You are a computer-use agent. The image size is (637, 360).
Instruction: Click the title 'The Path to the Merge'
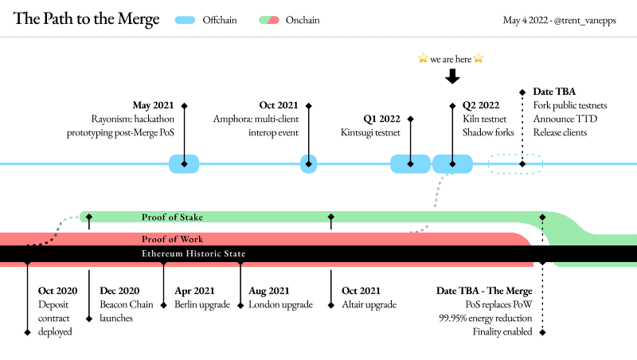pyautogui.click(x=86, y=19)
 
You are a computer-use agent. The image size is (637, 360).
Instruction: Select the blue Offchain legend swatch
pyautogui.click(x=185, y=20)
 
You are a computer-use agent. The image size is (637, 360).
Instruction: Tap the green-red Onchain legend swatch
pyautogui.click(x=269, y=20)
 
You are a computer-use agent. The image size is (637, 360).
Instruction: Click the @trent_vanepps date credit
pyautogui.click(x=560, y=21)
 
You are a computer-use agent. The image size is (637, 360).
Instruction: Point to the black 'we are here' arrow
pyautogui.click(x=452, y=76)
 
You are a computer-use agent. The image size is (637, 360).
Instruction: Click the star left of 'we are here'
pyautogui.click(x=423, y=58)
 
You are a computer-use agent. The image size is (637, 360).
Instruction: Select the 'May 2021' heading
pyautogui.click(x=153, y=105)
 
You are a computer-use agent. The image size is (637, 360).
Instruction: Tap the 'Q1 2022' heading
pyautogui.click(x=382, y=119)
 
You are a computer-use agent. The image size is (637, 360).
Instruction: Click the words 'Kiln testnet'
pyautogui.click(x=485, y=119)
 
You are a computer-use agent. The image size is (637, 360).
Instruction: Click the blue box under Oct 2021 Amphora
pyautogui.click(x=309, y=164)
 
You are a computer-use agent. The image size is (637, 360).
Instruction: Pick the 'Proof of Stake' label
pyautogui.click(x=172, y=217)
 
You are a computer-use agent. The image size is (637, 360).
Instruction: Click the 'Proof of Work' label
pyautogui.click(x=172, y=239)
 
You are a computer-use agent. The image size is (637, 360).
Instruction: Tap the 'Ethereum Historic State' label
pyautogui.click(x=193, y=253)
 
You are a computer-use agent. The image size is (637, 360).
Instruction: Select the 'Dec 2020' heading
pyautogui.click(x=119, y=291)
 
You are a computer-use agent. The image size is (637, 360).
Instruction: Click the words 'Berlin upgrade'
pyautogui.click(x=202, y=305)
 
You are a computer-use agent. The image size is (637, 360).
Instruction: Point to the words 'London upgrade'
pyautogui.click(x=281, y=305)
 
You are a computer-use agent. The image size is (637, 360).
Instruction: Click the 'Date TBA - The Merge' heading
pyautogui.click(x=484, y=291)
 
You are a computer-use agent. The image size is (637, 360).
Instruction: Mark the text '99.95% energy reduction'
pyautogui.click(x=486, y=318)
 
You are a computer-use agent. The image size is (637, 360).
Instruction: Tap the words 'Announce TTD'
pyautogui.click(x=565, y=119)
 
